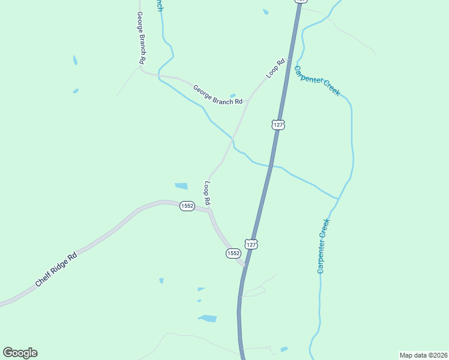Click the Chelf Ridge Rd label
(56, 269)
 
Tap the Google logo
(20, 353)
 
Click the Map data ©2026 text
(423, 355)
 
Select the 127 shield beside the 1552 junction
(252, 244)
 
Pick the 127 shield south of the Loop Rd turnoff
(277, 124)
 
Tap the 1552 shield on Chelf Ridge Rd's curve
(187, 206)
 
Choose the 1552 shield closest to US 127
(234, 254)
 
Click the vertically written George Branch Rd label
(141, 38)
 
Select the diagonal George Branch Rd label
(217, 94)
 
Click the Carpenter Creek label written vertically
(324, 246)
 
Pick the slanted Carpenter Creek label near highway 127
(317, 80)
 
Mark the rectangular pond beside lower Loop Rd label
(181, 186)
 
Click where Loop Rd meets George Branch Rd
(247, 100)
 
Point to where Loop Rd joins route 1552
(209, 209)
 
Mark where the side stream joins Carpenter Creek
(338, 198)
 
